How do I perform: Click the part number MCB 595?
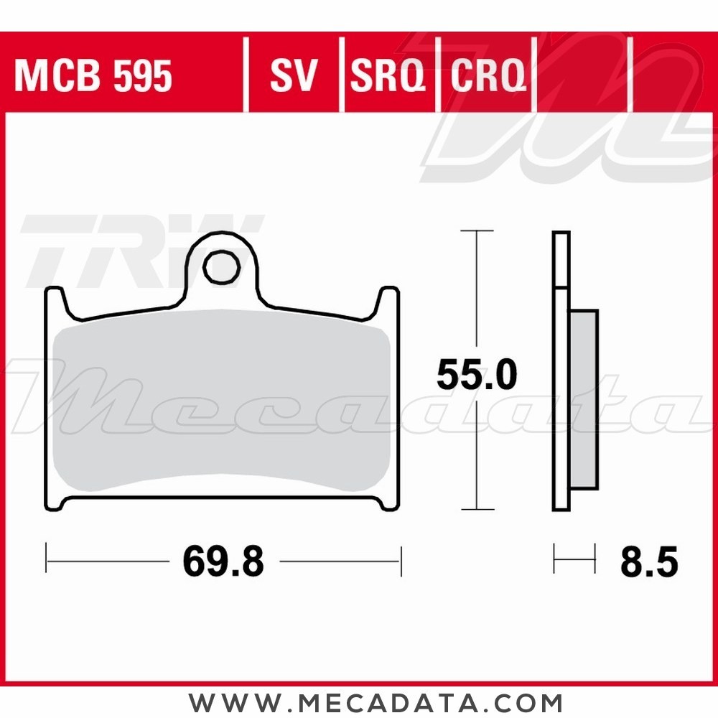coord(93,76)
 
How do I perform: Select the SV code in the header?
coord(293,76)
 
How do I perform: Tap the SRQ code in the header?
coord(388,76)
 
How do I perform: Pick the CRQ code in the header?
coord(488,76)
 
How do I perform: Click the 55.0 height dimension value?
coord(477,376)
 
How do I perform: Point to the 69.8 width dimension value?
coord(223,561)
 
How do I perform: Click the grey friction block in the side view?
coord(584,398)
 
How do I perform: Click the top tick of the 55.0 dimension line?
coord(477,231)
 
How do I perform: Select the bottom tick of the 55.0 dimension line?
coord(477,509)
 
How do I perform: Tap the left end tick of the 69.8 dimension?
coord(47,559)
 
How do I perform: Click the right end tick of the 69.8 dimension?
coord(401,559)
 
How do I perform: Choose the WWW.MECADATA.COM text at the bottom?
coord(376,701)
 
